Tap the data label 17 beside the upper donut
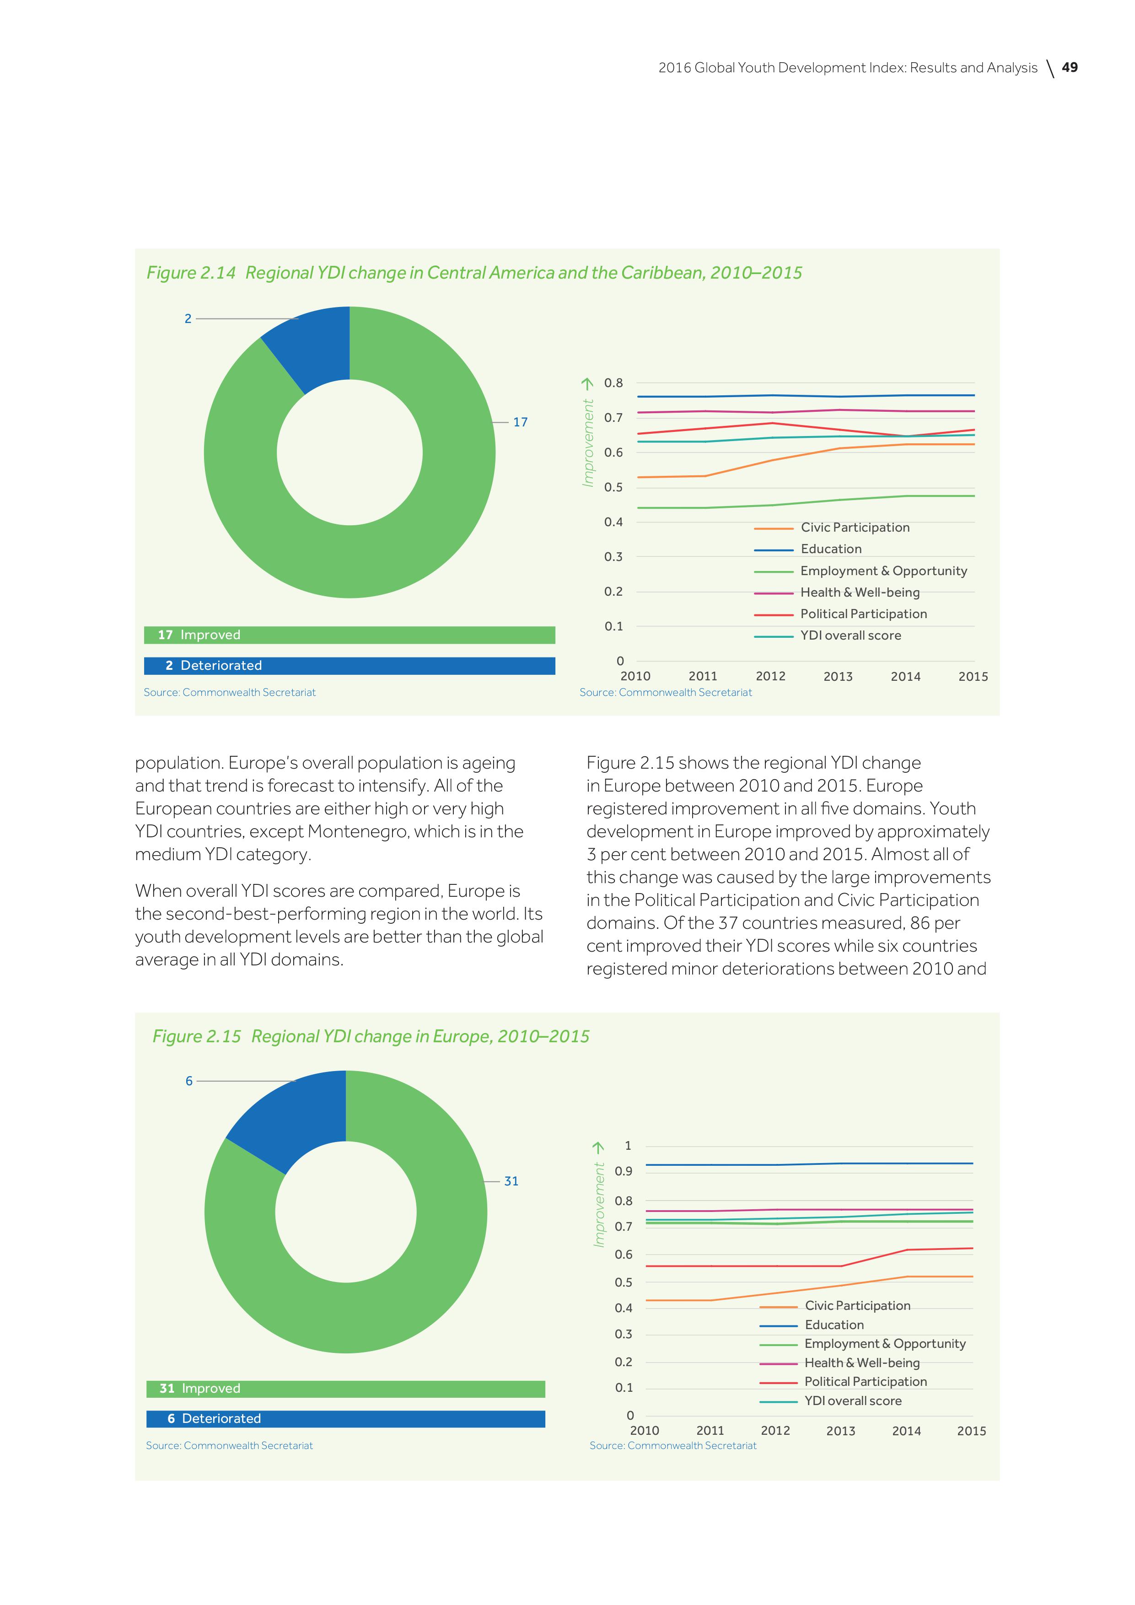tap(520, 422)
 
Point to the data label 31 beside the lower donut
tap(511, 1181)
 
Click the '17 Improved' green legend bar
tap(350, 635)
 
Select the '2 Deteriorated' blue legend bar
tap(350, 666)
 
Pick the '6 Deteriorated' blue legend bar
tap(345, 1418)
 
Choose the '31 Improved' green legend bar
tap(345, 1388)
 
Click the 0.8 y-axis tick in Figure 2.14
tap(613, 383)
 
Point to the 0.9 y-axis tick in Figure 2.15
tap(624, 1171)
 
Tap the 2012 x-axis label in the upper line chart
tap(770, 676)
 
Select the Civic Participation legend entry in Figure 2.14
tap(855, 528)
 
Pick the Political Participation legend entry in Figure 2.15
tap(865, 1381)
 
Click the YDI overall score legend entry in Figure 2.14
tap(850, 636)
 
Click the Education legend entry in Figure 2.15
tap(834, 1325)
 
